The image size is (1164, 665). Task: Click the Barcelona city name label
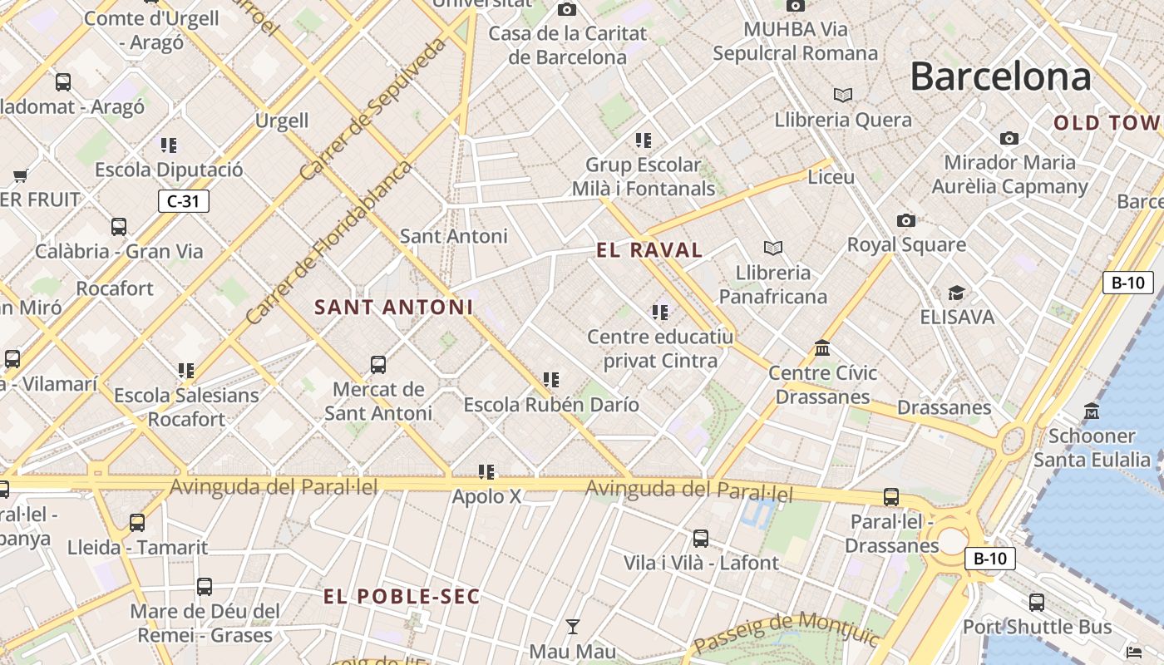1000,76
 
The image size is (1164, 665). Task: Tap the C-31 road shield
183,200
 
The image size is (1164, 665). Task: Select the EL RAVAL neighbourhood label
649,249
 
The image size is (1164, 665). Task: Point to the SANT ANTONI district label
393,307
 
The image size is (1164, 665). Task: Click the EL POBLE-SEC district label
402,596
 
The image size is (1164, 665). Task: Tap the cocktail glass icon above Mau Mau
572,626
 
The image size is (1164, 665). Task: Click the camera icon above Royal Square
906,220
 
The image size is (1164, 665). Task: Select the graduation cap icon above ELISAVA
956,293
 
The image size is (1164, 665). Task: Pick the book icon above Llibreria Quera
843,95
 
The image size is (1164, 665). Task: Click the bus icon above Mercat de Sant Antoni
378,364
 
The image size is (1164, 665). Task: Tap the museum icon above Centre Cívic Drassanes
822,347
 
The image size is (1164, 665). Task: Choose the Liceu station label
831,177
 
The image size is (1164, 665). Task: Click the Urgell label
282,121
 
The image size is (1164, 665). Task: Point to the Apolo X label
486,496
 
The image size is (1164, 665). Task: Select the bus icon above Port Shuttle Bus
1037,602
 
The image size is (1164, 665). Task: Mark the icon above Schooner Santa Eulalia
1092,411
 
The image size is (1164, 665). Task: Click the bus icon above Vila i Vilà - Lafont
701,538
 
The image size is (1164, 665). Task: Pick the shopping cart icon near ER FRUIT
21,175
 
